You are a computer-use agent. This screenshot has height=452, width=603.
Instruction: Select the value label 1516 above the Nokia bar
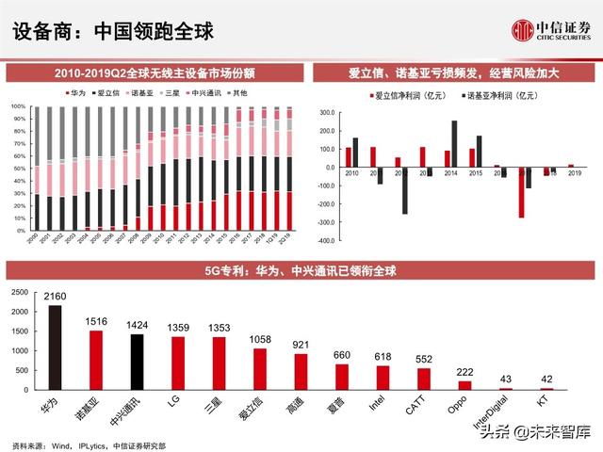click(95, 322)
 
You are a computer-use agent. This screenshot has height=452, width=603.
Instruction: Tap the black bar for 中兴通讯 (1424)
click(137, 362)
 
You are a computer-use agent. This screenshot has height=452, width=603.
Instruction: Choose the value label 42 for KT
click(546, 379)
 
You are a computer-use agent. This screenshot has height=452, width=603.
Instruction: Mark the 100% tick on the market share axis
click(18, 107)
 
